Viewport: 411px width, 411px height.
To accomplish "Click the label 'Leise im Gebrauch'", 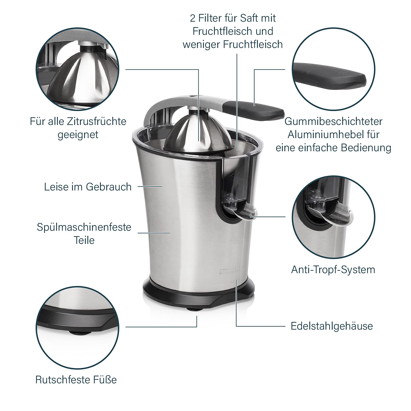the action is (x=88, y=187).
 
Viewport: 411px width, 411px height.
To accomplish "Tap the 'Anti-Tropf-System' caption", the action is (x=333, y=270).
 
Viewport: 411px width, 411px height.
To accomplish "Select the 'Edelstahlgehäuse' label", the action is (x=332, y=326).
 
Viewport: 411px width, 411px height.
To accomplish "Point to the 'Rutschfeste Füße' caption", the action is (x=76, y=380).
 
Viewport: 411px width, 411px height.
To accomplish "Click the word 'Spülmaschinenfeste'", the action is (x=84, y=227).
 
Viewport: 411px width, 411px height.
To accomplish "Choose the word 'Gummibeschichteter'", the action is (x=333, y=121).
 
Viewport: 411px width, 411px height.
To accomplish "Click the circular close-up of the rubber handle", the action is (x=333, y=68).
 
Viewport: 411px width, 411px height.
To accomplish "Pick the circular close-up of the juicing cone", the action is (x=78, y=68).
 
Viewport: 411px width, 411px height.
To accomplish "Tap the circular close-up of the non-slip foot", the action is (x=78, y=328).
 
